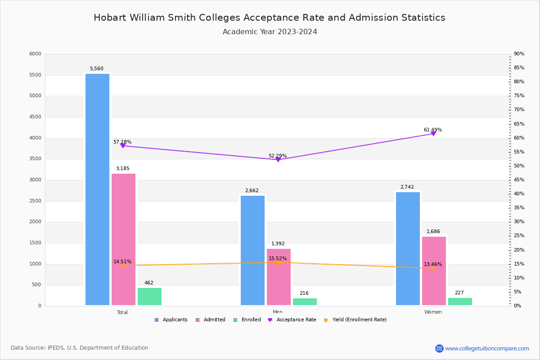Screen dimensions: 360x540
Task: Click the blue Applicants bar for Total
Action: (x=97, y=189)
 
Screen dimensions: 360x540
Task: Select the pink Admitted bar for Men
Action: (x=279, y=277)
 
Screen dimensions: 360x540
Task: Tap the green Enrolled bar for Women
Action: (x=460, y=301)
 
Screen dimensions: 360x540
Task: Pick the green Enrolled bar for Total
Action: (x=149, y=297)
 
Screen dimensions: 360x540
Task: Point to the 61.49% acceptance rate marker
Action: (x=433, y=134)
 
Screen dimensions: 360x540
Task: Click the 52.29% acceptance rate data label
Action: (x=278, y=156)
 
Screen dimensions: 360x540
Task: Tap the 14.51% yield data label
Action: (x=122, y=261)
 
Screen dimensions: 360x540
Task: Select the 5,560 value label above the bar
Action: (x=96, y=69)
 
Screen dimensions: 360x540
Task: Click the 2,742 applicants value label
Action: (x=407, y=187)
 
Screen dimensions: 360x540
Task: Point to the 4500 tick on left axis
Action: (x=35, y=117)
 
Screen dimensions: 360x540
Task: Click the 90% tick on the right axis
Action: (x=519, y=54)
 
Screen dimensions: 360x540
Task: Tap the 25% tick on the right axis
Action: (x=519, y=236)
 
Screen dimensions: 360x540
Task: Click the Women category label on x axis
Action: (x=433, y=312)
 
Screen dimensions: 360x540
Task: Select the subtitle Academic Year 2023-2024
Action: (x=270, y=32)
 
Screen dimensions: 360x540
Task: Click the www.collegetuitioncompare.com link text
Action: (x=487, y=348)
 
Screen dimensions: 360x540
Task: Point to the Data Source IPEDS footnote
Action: (x=80, y=348)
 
